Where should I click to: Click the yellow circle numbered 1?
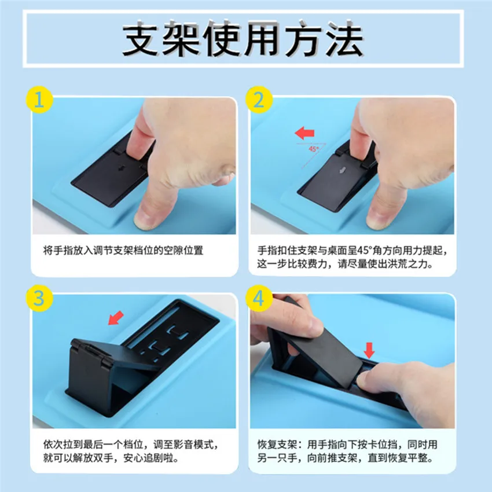pos(39,100)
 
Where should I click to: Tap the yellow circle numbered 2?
pos(258,100)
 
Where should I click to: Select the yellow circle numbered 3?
pos(39,298)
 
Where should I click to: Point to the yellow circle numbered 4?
pos(258,298)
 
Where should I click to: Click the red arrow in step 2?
pos(304,134)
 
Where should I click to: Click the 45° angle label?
pos(314,149)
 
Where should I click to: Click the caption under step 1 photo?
pos(124,251)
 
